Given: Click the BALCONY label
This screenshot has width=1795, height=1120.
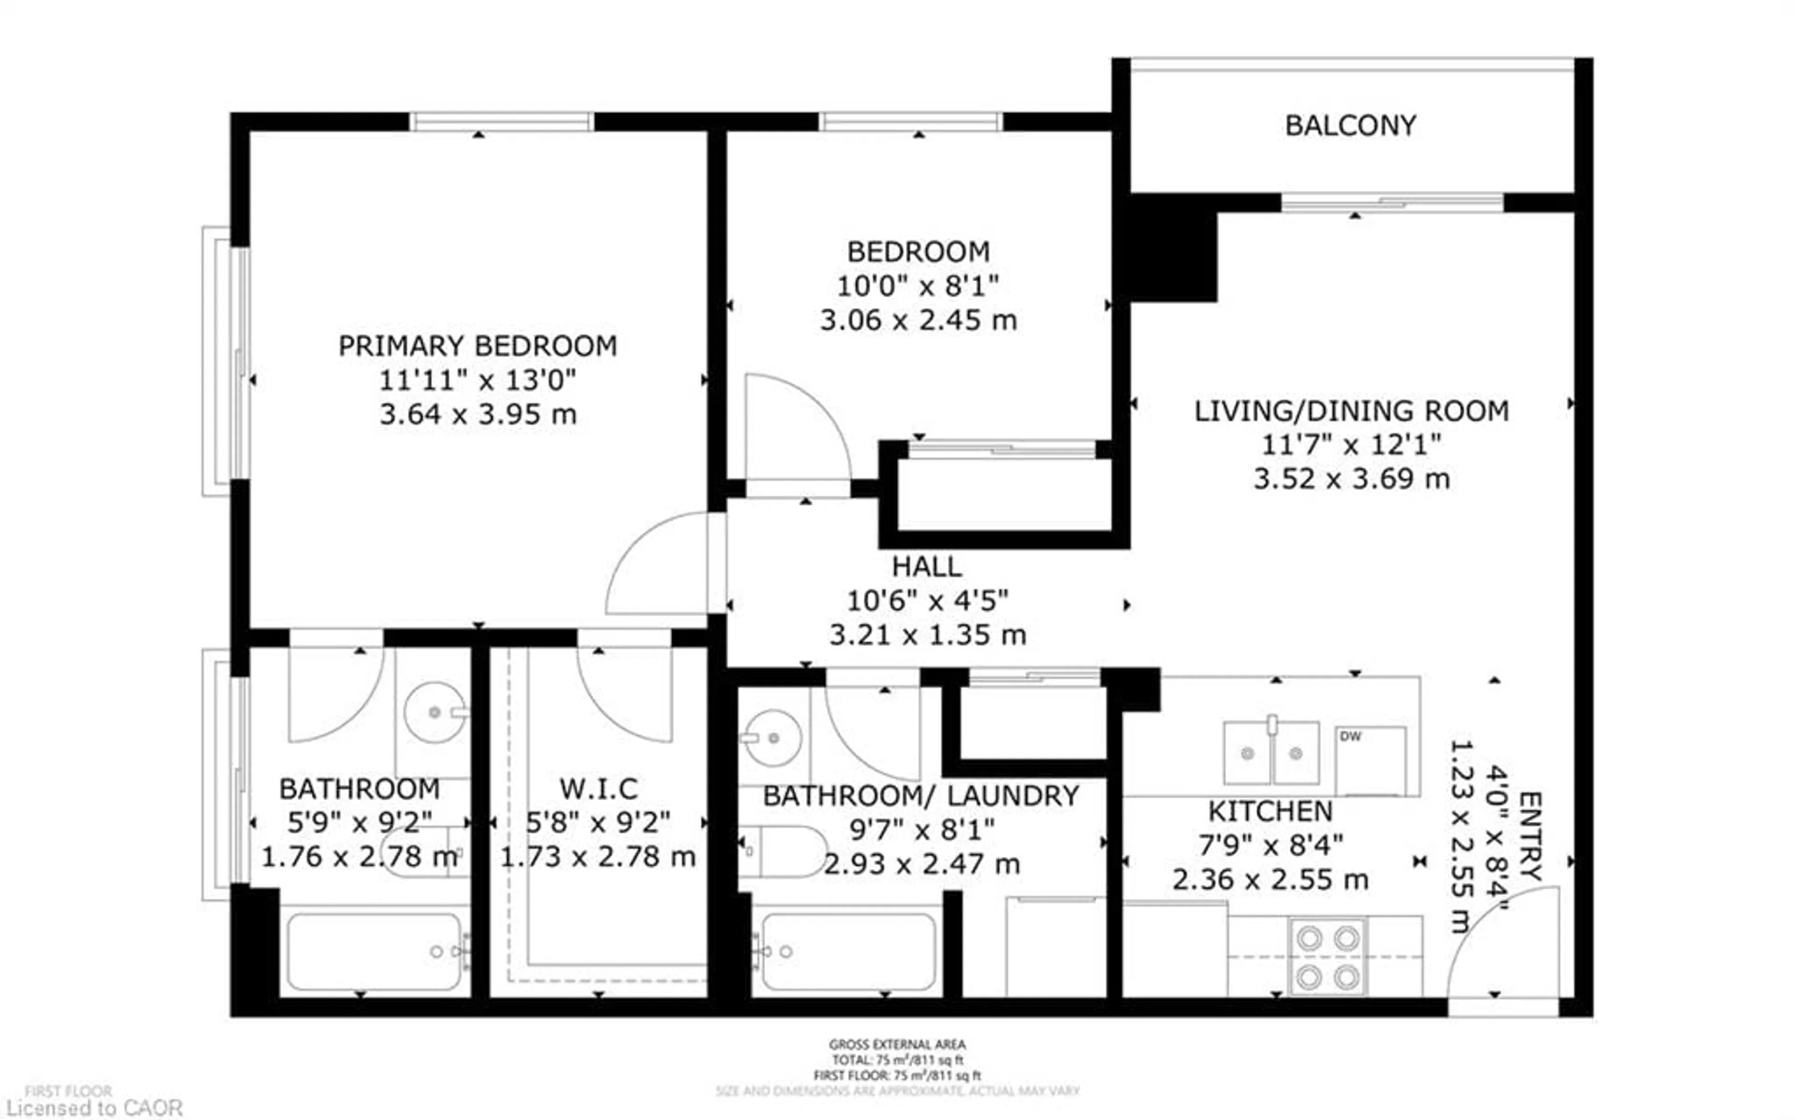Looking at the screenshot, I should (x=1350, y=126).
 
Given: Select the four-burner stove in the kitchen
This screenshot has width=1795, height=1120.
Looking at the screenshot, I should (x=1327, y=957).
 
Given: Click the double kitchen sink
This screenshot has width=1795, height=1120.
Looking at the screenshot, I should (x=1271, y=753).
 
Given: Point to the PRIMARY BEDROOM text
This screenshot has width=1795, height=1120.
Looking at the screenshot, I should (x=478, y=346).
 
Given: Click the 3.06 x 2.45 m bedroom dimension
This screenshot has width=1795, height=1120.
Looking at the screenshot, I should (x=918, y=320).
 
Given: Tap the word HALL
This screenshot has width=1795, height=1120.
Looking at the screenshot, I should (x=926, y=567).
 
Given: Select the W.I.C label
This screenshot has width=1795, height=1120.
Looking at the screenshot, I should (x=598, y=789).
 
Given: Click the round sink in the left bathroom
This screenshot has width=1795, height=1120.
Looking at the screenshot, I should (x=435, y=712).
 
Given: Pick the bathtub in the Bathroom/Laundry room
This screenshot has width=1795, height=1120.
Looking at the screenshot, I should (x=848, y=952).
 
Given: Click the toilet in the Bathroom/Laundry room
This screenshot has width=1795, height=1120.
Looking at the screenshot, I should (x=785, y=851).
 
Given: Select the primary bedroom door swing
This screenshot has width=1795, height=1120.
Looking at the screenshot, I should (x=655, y=563).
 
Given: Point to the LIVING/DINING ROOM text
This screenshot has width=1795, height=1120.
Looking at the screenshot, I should (x=1351, y=411).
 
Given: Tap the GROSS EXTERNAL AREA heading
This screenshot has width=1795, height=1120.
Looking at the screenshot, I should (x=897, y=1044).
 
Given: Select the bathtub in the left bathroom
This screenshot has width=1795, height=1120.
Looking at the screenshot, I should (x=374, y=952).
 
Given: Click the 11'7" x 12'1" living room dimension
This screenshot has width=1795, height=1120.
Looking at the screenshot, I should (x=1351, y=445).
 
